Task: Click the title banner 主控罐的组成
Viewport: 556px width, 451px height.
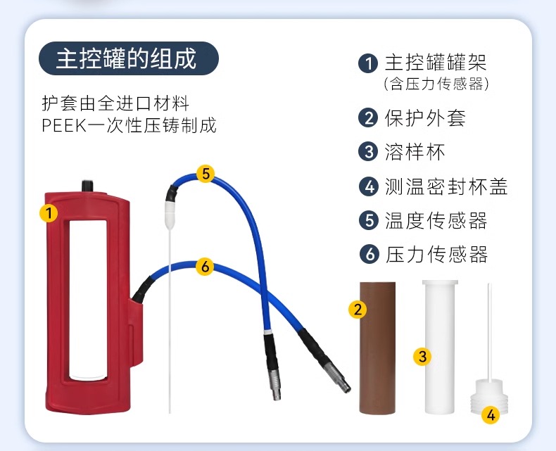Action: [128, 58]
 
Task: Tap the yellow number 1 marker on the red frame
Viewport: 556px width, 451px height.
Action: [49, 212]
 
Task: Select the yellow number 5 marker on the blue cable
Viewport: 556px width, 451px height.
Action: [206, 174]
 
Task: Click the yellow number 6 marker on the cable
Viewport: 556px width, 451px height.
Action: [205, 266]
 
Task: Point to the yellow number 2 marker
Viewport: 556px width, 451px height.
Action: [358, 309]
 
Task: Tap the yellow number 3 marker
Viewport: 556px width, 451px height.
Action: [422, 356]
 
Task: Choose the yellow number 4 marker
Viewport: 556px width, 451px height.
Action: [491, 414]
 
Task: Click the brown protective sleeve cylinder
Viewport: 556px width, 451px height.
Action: [378, 348]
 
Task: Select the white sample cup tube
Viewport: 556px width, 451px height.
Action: [440, 347]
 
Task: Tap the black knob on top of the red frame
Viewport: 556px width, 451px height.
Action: [87, 186]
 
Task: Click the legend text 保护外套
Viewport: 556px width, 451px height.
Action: [425, 118]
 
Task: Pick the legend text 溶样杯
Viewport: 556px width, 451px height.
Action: [415, 152]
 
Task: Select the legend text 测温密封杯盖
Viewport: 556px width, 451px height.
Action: [446, 186]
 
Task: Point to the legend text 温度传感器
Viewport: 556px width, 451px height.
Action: [436, 220]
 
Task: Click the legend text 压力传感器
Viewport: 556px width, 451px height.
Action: [436, 254]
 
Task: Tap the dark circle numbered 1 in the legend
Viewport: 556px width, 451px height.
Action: [368, 63]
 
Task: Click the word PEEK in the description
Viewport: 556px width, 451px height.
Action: [64, 125]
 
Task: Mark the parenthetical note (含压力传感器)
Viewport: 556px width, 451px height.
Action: [436, 84]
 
